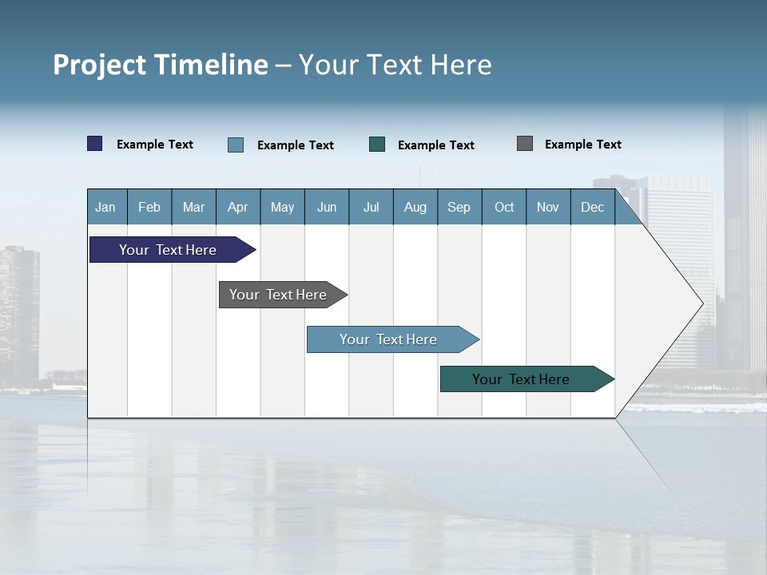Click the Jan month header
coord(106,207)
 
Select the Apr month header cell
coord(238,207)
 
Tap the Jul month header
coord(371,207)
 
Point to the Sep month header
coord(459,207)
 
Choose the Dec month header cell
coord(592,207)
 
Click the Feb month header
coord(149,207)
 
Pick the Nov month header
coord(548,207)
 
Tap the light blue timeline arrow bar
coord(389,339)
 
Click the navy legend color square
coord(95,144)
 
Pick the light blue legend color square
coord(236,145)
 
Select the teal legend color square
coord(377,145)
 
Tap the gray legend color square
coord(525,144)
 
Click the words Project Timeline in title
coord(160,65)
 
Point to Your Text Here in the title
coord(395,65)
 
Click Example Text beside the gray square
coord(582,145)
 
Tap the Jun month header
coord(327,207)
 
